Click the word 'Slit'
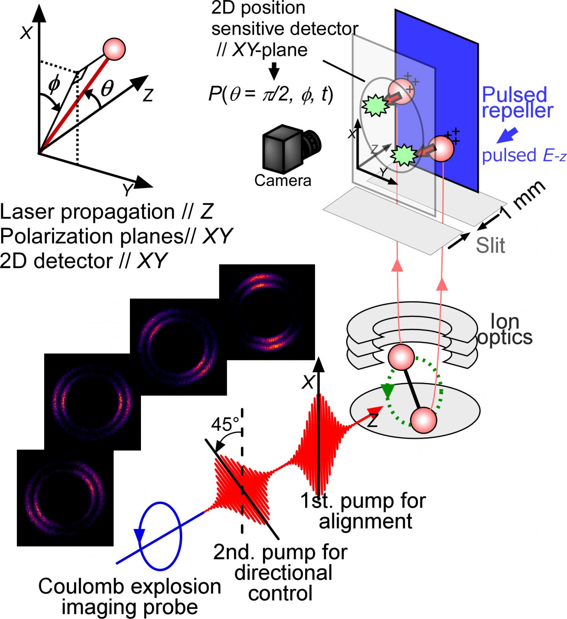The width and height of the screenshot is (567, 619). [490, 246]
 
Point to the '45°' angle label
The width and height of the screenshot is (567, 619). [225, 424]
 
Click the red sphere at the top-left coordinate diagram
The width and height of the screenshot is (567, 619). [113, 49]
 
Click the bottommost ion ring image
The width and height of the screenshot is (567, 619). [65, 498]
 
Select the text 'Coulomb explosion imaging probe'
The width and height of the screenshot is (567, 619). [130, 596]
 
